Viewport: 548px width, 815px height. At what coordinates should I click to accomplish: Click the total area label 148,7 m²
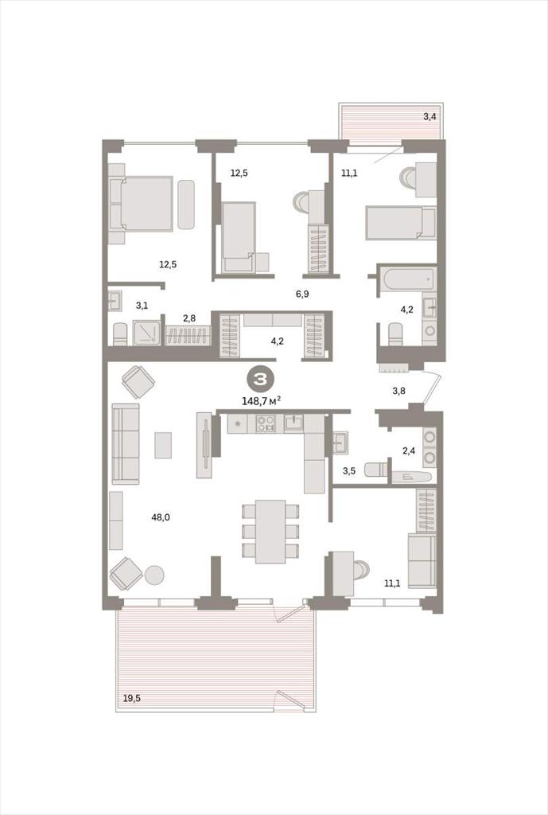pyautogui.click(x=262, y=401)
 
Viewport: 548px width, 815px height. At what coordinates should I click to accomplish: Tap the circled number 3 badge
pyautogui.click(x=259, y=380)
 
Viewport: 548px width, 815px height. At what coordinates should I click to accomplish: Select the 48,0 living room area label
pyautogui.click(x=160, y=517)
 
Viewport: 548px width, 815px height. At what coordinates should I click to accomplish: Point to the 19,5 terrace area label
pyautogui.click(x=131, y=698)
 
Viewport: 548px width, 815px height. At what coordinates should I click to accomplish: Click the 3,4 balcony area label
pyautogui.click(x=429, y=117)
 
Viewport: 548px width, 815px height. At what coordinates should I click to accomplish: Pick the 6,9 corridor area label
pyautogui.click(x=302, y=294)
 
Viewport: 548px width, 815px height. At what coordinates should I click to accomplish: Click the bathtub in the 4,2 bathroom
pyautogui.click(x=406, y=279)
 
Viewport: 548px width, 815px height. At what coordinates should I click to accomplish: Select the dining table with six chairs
pyautogui.click(x=270, y=531)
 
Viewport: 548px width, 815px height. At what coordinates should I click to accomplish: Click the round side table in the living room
pyautogui.click(x=154, y=575)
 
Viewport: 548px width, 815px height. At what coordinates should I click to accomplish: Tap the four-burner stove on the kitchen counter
pyautogui.click(x=265, y=424)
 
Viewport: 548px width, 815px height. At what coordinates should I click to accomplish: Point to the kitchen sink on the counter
pyautogui.click(x=293, y=423)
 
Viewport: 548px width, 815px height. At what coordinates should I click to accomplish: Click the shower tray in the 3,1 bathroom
pyautogui.click(x=146, y=333)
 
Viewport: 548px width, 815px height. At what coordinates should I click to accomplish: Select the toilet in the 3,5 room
pyautogui.click(x=375, y=470)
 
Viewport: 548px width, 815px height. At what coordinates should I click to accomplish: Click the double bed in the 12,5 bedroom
pyautogui.click(x=142, y=203)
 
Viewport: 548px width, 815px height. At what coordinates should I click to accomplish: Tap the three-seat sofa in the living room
pyautogui.click(x=125, y=444)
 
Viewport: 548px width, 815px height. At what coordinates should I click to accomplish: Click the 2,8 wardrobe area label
pyautogui.click(x=189, y=318)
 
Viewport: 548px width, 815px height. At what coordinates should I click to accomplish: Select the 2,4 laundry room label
pyautogui.click(x=409, y=450)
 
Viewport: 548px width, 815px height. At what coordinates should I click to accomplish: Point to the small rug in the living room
pyautogui.click(x=163, y=446)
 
